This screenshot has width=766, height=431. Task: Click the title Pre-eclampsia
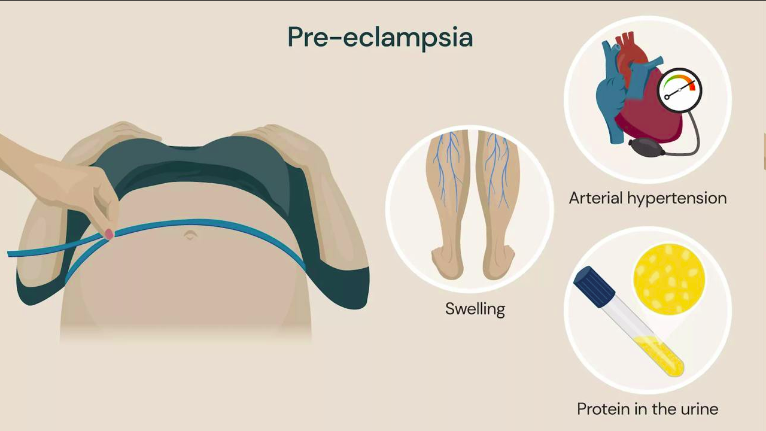pyautogui.click(x=380, y=37)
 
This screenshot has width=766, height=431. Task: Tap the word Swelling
pyautogui.click(x=475, y=309)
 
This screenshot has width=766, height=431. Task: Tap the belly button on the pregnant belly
pyautogui.click(x=190, y=235)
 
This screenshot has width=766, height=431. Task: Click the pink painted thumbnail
pyautogui.click(x=109, y=234)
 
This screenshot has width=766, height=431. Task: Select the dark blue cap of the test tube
pyautogui.click(x=594, y=286)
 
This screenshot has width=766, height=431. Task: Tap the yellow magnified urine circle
pyautogui.click(x=669, y=279)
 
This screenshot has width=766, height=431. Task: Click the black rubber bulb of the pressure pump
pyautogui.click(x=646, y=148)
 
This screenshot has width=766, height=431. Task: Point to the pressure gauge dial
pyautogui.click(x=679, y=90)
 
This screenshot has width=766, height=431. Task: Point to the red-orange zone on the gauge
pyautogui.click(x=692, y=86)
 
